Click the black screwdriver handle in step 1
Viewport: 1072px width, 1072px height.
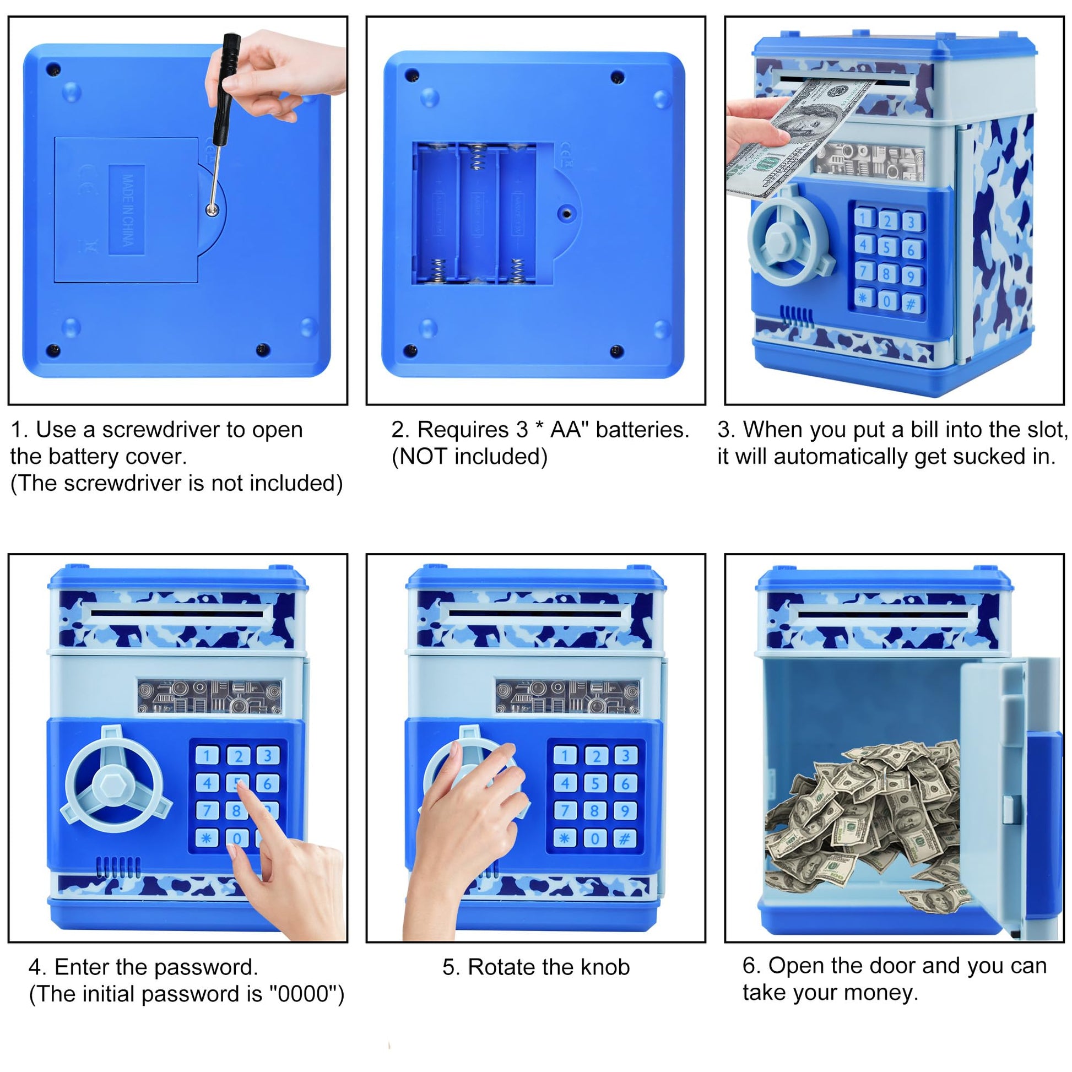[x=226, y=89]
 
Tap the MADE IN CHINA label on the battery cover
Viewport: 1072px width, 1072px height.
[x=127, y=210]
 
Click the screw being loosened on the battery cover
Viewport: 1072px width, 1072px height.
[x=212, y=209]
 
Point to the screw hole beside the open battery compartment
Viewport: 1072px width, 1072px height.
[x=566, y=213]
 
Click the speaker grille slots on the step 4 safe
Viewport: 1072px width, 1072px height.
[x=119, y=866]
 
